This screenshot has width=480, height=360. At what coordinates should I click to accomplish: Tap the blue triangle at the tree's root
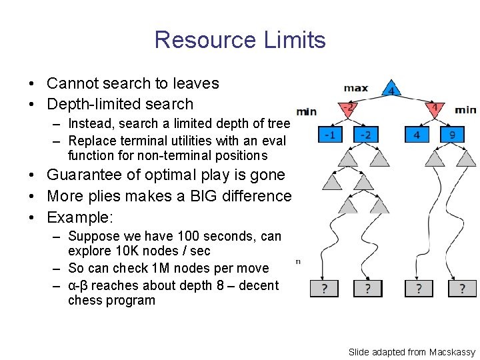391,90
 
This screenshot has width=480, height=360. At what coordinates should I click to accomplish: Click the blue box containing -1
329,135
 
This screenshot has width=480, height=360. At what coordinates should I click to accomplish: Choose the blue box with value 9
453,135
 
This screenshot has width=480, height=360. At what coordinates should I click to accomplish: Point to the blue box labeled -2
365,135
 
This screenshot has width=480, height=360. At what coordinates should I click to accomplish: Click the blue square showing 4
417,135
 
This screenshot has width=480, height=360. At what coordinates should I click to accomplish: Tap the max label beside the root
355,88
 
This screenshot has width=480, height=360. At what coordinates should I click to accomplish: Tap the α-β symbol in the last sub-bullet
79,285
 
